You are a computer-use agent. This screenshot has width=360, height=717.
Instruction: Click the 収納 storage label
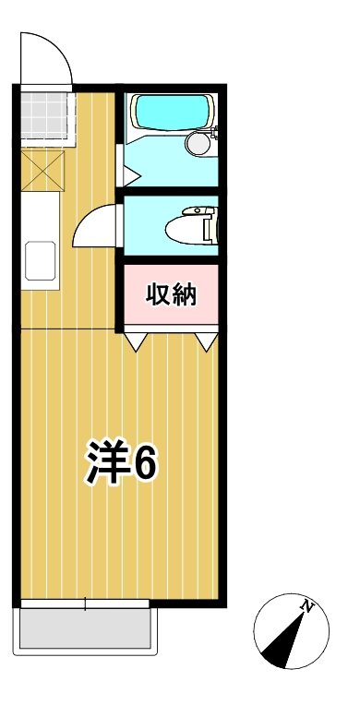pos(171,296)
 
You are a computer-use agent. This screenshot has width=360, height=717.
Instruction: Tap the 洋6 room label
pos(122,461)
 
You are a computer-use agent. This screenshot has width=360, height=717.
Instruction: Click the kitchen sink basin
pos(40,260)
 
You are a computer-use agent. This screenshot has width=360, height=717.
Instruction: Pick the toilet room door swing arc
pos(95,225)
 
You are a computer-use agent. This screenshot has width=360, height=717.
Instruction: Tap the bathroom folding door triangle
pos(128,173)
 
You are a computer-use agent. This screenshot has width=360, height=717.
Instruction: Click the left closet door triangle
pos(138,342)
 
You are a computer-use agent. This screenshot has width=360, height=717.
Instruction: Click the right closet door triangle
pos(208,342)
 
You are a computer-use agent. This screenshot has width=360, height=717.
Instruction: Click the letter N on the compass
pos(308,607)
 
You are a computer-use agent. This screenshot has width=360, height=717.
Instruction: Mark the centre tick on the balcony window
pos(85,604)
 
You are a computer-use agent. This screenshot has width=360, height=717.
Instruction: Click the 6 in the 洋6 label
pos(144,462)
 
